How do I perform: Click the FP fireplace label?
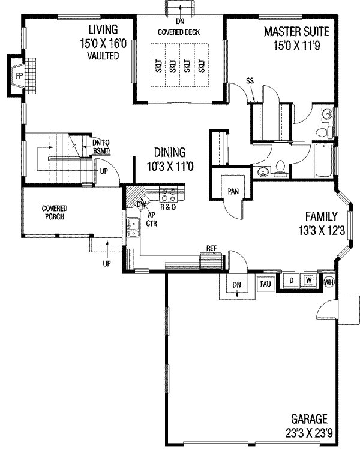click(x=19, y=76)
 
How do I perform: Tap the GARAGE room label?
click(x=309, y=418)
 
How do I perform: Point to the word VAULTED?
click(x=102, y=56)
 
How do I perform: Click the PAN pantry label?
click(x=233, y=191)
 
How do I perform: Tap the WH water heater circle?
click(x=329, y=282)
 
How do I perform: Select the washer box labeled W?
click(x=308, y=281)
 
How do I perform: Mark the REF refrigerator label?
click(x=211, y=248)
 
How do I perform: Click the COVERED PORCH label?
click(x=54, y=212)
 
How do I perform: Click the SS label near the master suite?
click(x=250, y=81)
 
